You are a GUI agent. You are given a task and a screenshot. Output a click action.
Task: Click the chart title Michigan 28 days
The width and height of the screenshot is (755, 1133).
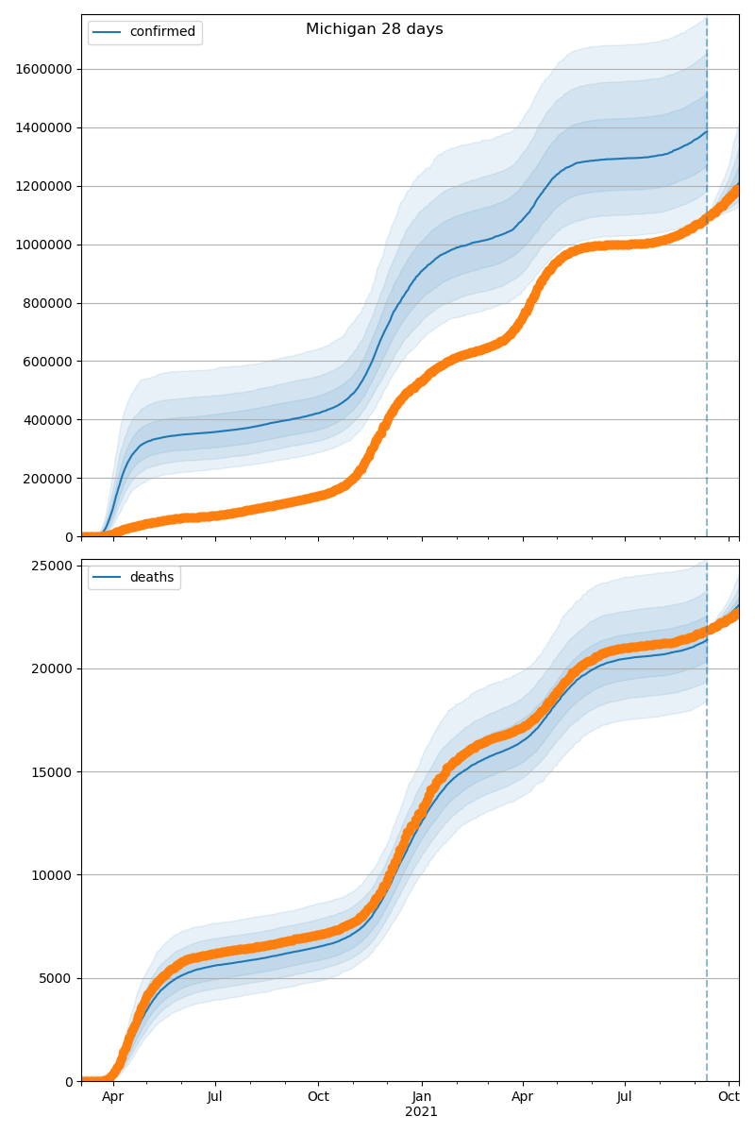click(374, 29)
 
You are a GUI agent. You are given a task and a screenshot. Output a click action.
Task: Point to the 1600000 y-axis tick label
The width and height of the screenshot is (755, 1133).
click(42, 69)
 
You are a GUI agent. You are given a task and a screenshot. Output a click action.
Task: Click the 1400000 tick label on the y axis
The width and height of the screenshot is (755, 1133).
click(42, 127)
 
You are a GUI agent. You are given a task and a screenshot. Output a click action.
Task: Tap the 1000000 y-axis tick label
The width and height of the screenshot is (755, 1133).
click(42, 245)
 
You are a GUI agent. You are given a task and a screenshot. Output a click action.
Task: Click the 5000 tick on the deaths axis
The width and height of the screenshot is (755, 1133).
click(59, 978)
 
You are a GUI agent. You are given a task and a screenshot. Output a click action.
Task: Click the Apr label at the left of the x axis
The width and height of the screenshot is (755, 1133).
click(113, 1097)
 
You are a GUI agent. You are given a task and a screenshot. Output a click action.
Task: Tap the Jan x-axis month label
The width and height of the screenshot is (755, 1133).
click(422, 1097)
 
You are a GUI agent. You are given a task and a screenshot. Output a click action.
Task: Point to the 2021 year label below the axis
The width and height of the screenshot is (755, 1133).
click(422, 1112)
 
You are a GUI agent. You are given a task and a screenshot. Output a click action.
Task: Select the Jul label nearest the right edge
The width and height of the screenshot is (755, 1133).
click(625, 1097)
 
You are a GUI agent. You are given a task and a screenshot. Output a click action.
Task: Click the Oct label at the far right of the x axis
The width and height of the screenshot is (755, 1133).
click(729, 1097)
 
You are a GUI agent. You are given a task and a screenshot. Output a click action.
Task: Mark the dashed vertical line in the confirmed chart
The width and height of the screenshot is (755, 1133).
click(707, 283)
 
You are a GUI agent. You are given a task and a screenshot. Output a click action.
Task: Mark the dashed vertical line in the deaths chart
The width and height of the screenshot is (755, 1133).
click(707, 850)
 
